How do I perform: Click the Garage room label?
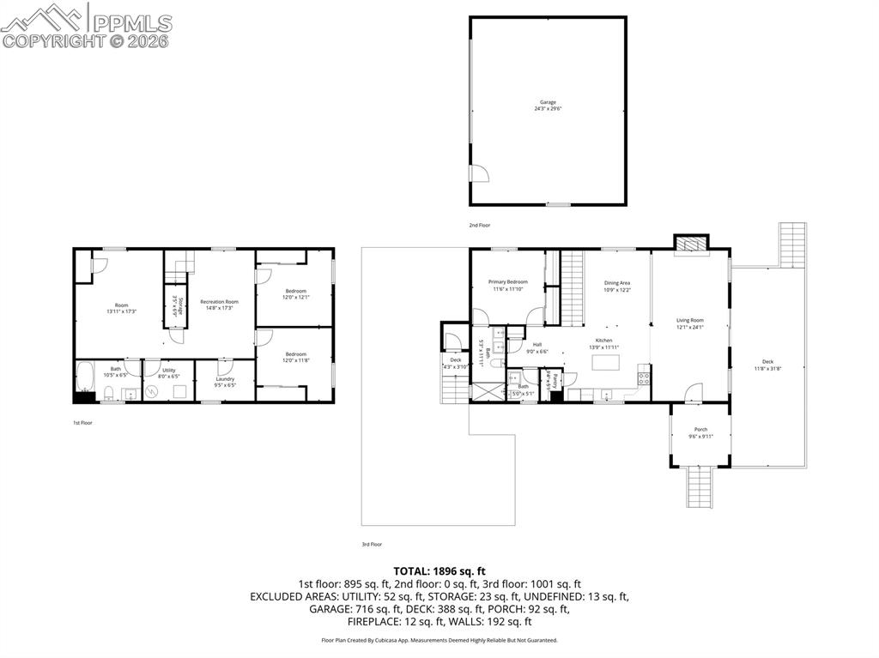click(x=548, y=102)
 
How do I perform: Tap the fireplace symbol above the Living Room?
click(x=690, y=244)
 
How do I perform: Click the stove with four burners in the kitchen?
click(x=642, y=377)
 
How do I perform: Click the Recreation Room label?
click(x=219, y=302)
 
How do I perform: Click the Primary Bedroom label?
click(x=508, y=282)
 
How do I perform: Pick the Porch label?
click(x=700, y=430)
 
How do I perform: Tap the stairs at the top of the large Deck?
click(x=792, y=245)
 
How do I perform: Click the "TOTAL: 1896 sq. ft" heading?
click(x=439, y=570)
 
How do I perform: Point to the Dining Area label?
click(x=617, y=283)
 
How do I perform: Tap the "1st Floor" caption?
click(x=82, y=423)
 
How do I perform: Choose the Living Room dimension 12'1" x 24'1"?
click(x=689, y=327)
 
